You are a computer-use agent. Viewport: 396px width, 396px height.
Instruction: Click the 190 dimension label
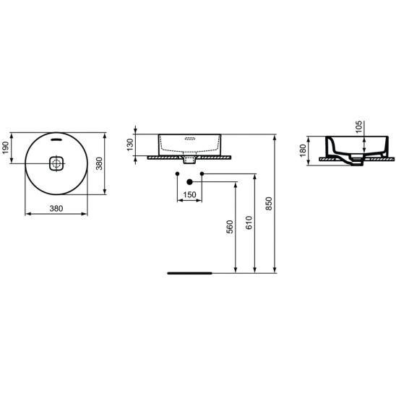point(6,147)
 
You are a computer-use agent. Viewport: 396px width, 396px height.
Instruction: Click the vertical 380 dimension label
point(100,163)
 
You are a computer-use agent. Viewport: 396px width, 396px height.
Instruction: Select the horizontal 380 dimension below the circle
point(56,209)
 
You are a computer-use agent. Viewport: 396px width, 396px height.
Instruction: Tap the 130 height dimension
point(130,145)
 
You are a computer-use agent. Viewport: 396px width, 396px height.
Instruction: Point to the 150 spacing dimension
point(189,194)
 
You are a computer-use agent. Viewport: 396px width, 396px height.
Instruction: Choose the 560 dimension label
point(230,226)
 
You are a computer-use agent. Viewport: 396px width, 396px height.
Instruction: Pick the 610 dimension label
point(249,223)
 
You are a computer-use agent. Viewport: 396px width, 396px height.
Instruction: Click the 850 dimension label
point(270,204)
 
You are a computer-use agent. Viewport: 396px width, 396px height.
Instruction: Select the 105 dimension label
point(358,126)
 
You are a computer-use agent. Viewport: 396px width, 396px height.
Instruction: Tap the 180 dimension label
point(303,150)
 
